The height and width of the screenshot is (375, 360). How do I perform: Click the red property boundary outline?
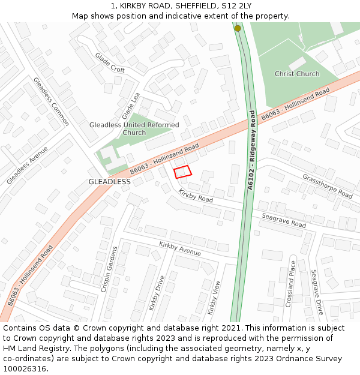point(182,172)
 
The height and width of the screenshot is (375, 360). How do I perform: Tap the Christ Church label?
point(297,74)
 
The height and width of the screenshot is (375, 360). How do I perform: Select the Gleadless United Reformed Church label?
point(134,128)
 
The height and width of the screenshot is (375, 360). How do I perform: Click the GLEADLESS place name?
point(109,181)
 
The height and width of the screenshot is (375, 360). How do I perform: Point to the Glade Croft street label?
point(110,62)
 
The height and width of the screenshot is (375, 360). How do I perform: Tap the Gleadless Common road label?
point(51,101)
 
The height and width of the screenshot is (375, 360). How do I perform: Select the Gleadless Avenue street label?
point(27,165)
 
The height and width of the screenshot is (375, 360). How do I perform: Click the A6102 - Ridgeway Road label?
point(251,151)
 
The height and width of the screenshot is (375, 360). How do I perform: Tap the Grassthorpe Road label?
point(328,186)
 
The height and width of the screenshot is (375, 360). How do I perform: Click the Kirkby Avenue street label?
point(180,248)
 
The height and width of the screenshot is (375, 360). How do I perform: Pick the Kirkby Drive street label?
point(156,293)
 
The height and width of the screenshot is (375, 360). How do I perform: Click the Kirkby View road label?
point(214,298)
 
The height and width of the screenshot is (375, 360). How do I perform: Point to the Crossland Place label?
point(290,284)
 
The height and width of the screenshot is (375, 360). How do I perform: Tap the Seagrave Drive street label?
point(317,292)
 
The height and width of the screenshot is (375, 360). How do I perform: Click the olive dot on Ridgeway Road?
point(238,28)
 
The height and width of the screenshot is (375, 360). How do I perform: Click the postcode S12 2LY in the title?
point(237,6)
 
